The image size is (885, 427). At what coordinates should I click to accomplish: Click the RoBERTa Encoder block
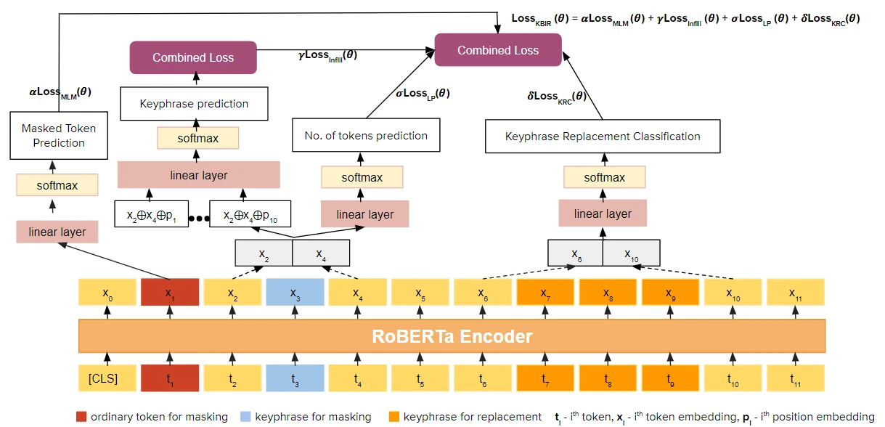pyautogui.click(x=452, y=336)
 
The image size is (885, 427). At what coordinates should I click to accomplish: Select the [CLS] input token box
pyautogui.click(x=107, y=378)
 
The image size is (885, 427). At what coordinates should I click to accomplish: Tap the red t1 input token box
pyautogui.click(x=170, y=378)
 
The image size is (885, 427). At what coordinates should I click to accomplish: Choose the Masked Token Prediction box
pyautogui.click(x=59, y=136)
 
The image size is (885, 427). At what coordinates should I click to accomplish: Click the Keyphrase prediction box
pyautogui.click(x=194, y=104)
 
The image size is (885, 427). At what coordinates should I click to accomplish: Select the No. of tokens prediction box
pyautogui.click(x=366, y=136)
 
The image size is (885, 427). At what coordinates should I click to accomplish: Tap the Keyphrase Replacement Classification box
pyautogui.click(x=603, y=137)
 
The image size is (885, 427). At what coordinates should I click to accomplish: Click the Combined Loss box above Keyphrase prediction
pyautogui.click(x=193, y=57)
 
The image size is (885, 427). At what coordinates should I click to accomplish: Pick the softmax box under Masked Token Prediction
pyautogui.click(x=57, y=185)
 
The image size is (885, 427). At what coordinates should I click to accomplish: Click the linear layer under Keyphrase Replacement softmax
pyautogui.click(x=603, y=213)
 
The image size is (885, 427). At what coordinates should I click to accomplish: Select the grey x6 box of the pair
pyautogui.click(x=575, y=253)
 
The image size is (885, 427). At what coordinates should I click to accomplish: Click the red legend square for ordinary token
pyautogui.click(x=81, y=417)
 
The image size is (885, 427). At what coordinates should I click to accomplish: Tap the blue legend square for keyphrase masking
pyautogui.click(x=246, y=417)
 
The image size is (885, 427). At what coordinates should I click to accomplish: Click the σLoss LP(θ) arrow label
pyautogui.click(x=422, y=93)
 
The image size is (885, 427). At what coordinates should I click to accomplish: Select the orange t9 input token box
pyautogui.click(x=670, y=378)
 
